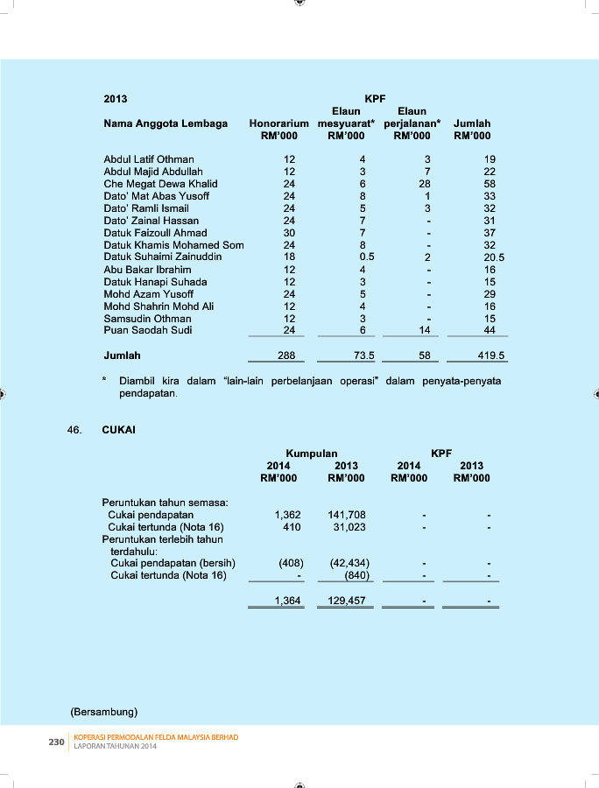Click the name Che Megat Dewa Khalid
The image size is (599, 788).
[x=160, y=184]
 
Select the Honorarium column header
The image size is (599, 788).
[x=278, y=123]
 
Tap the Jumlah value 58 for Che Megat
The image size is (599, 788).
[x=490, y=184]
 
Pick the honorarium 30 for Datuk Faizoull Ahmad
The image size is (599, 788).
[x=289, y=233]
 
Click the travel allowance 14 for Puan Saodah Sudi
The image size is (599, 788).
[x=424, y=331]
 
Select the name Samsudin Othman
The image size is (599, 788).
[x=147, y=319]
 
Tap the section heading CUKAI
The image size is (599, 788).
[x=118, y=430]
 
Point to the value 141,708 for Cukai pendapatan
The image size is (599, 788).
[x=347, y=515]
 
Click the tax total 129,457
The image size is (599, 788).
[x=347, y=601]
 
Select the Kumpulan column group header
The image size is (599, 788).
[x=312, y=454]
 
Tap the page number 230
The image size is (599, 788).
[x=56, y=742]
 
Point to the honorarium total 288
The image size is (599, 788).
[x=285, y=356]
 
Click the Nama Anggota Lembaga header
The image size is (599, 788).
[x=166, y=123]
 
